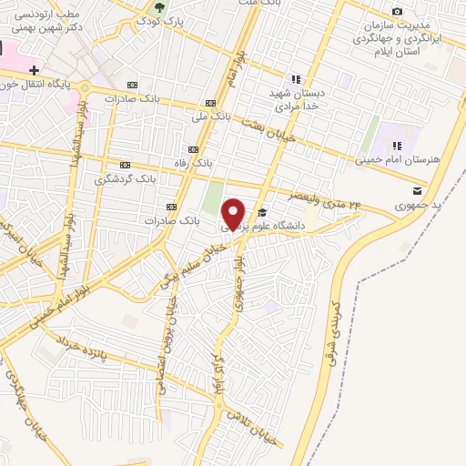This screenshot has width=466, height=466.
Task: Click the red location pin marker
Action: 234,213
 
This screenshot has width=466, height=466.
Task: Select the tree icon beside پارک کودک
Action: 161,6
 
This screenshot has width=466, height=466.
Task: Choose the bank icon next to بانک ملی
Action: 210,103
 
